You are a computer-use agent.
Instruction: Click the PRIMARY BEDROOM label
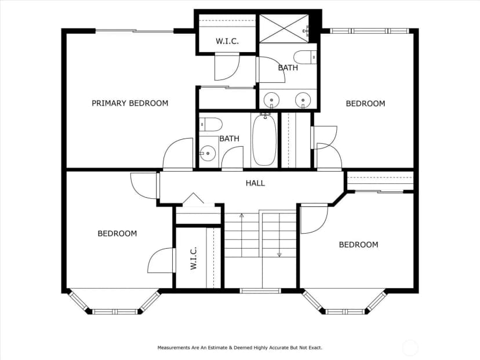pyautogui.click(x=130, y=103)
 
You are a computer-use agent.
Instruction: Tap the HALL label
pyautogui.click(x=255, y=183)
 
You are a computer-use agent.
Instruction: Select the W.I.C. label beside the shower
pyautogui.click(x=227, y=41)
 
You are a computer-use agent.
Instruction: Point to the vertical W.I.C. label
pyautogui.click(x=194, y=259)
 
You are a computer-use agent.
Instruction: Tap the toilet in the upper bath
pyautogui.click(x=305, y=57)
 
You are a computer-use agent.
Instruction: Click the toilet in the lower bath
pyautogui.click(x=211, y=124)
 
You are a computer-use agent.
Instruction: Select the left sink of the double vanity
pyautogui.click(x=271, y=100)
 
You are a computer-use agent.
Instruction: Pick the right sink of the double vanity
pyautogui.click(x=303, y=100)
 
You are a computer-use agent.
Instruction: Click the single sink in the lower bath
pyautogui.click(x=208, y=153)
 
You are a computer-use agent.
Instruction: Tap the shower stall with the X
pyautogui.click(x=285, y=28)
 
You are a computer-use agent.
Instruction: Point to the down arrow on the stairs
pyautogui.click(x=279, y=235)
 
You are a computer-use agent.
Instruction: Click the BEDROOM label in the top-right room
pyautogui.click(x=366, y=103)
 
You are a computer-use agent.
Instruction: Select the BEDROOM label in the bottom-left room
pyautogui.click(x=117, y=234)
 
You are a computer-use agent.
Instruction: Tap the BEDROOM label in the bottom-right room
pyautogui.click(x=358, y=245)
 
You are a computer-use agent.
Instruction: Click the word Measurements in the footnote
pyautogui.click(x=173, y=348)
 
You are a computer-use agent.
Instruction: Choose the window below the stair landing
pyautogui.click(x=260, y=291)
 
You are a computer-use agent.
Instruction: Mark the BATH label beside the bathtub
pyautogui.click(x=230, y=139)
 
